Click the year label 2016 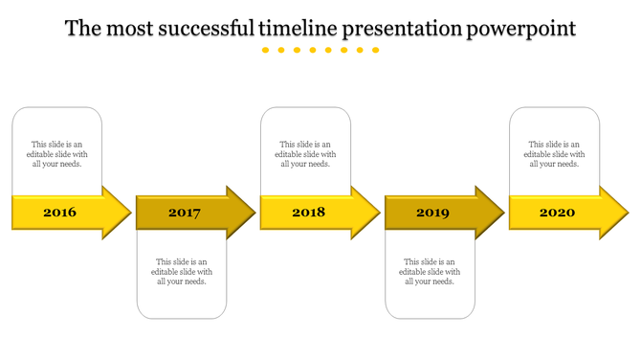coord(59,212)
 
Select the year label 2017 coord(184,213)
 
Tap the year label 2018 coord(308,212)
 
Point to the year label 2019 coord(432,213)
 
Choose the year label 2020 coord(557,212)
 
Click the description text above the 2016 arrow coord(57,154)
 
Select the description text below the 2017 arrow coord(182,271)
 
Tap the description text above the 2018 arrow coord(306,154)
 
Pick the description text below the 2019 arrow coord(431,271)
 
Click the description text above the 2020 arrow coord(555,154)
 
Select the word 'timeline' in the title coord(296,29)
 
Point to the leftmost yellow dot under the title coord(266,50)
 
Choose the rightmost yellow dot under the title coord(376,50)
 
